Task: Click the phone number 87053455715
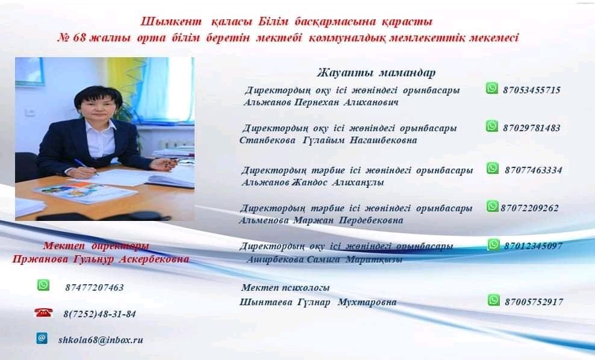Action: click(532, 90)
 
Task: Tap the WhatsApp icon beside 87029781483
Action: click(492, 126)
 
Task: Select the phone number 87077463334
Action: click(533, 170)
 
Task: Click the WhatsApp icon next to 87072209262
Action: click(492, 206)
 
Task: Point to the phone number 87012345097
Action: click(533, 246)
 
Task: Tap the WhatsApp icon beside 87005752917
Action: click(494, 300)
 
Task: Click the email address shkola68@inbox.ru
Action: click(101, 340)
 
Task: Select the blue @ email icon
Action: click(42, 338)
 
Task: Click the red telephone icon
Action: click(43, 312)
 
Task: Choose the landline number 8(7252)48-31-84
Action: click(99, 314)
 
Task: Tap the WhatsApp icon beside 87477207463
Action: click(43, 285)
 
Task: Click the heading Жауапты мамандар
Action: click(376, 73)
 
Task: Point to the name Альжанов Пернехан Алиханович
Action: click(320, 102)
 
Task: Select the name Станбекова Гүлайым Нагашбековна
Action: click(328, 140)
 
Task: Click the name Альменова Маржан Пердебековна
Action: click(321, 220)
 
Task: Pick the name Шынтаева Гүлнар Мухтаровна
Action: click(317, 302)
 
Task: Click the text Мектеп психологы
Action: click(285, 288)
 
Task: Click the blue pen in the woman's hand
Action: click(86, 167)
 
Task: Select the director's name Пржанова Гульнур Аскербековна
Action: click(101, 259)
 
